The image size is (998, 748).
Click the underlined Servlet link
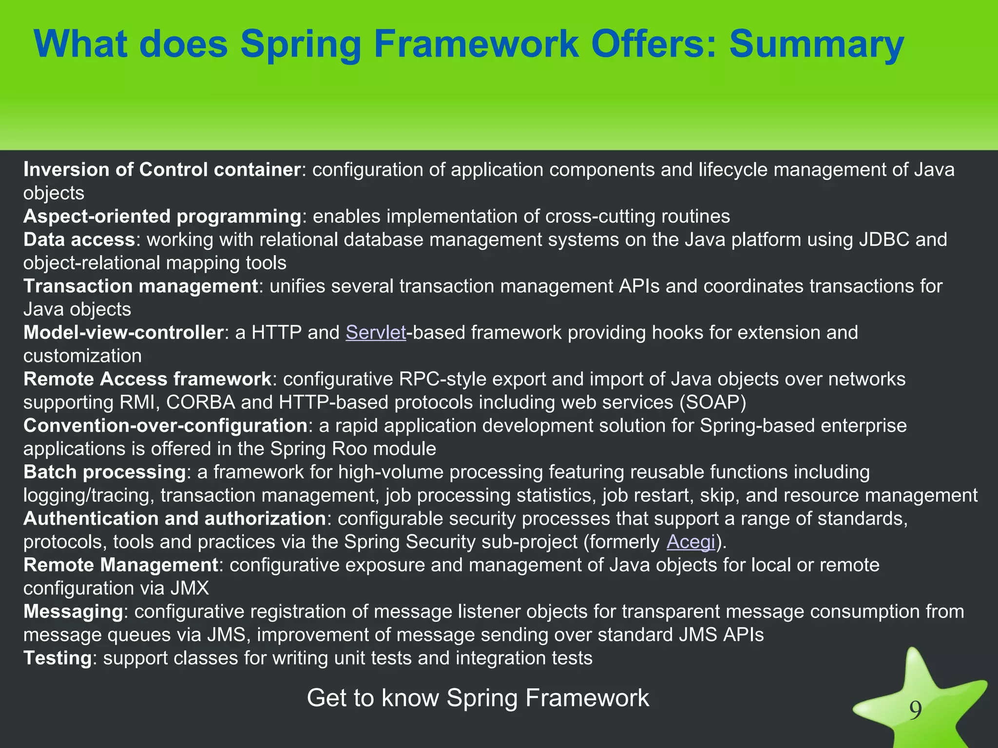(x=376, y=333)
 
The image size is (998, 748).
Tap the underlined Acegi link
(x=691, y=542)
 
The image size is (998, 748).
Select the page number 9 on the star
(x=916, y=711)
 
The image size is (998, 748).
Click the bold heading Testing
(x=58, y=658)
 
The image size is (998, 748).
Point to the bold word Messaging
(x=73, y=612)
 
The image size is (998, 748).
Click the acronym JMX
(x=190, y=588)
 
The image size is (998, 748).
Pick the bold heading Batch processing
(x=104, y=472)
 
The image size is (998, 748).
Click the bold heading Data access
(x=79, y=240)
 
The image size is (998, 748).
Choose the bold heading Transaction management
(x=140, y=286)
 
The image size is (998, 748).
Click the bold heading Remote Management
(x=120, y=565)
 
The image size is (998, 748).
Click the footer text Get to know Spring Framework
(x=478, y=698)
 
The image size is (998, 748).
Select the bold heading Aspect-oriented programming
(x=162, y=216)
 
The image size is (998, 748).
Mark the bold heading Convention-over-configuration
(x=165, y=426)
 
